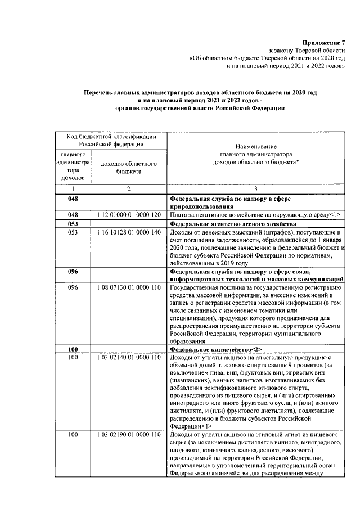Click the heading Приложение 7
pyautogui.click(x=323, y=43)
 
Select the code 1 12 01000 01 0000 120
pyautogui.click(x=128, y=215)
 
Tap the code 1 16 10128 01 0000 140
pyautogui.click(x=128, y=232)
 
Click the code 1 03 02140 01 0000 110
pyautogui.click(x=128, y=357)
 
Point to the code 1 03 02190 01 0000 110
pyautogui.click(x=128, y=435)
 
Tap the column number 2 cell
pyautogui.click(x=128, y=189)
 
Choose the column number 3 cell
pyautogui.click(x=256, y=189)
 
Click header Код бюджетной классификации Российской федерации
pyautogui.click(x=111, y=140)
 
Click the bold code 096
pyautogui.click(x=73, y=271)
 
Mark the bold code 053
pyautogui.click(x=73, y=223)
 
